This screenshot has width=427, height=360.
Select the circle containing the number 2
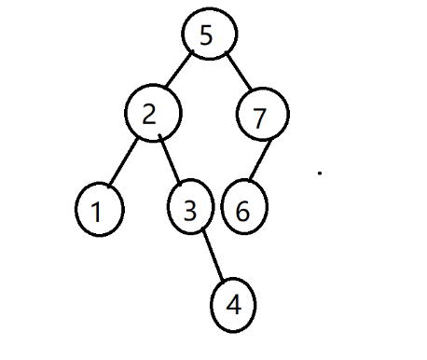[152, 114]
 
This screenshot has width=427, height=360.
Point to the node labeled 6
[245, 210]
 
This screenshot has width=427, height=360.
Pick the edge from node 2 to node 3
[171, 161]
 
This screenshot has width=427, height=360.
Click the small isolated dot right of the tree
[320, 173]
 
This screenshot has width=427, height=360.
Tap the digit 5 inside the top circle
[207, 35]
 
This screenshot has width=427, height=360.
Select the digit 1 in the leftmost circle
[96, 212]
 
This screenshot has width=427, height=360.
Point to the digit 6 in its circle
[243, 211]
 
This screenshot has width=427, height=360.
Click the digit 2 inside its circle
[149, 113]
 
